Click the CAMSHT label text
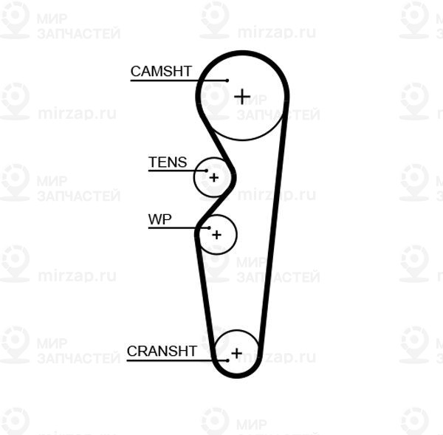161,71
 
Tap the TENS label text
168,162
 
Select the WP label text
159,219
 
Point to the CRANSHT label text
162,352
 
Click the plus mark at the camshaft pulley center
242,97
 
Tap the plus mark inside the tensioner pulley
214,177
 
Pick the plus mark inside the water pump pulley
216,235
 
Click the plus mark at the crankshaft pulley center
236,353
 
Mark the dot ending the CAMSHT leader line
227,81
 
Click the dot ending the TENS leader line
207,171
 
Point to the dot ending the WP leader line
210,227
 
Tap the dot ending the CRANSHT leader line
227,360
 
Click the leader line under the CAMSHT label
179,81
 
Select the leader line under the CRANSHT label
177,360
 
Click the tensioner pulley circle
194,177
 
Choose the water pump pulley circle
236,235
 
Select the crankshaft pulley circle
237,330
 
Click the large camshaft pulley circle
242,140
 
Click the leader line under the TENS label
177,171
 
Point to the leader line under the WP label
179,227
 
